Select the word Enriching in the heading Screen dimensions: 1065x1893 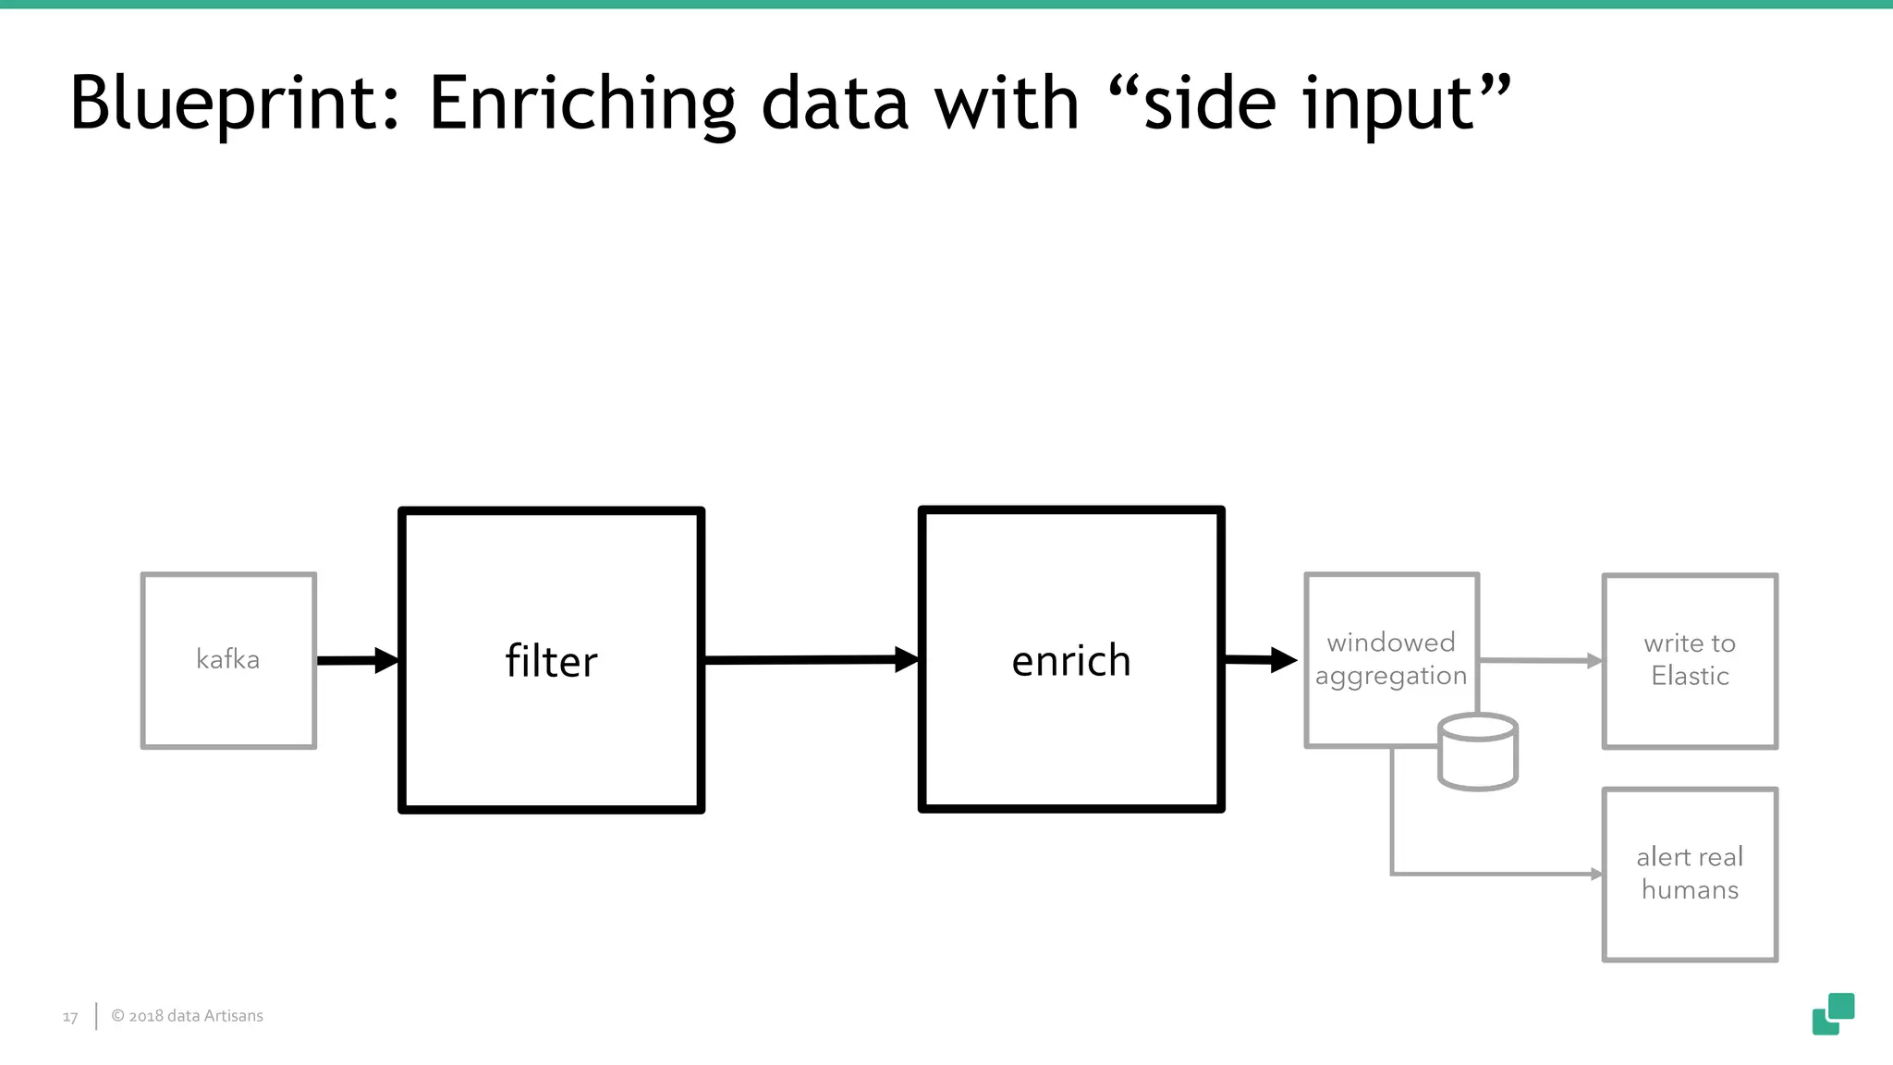click(582, 104)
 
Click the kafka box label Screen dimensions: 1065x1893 click(227, 659)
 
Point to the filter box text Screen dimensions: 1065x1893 click(552, 661)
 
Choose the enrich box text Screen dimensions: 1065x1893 click(1071, 661)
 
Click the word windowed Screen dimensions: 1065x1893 click(1390, 643)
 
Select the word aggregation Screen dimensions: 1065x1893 click(1390, 677)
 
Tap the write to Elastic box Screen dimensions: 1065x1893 click(1690, 660)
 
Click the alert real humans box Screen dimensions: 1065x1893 click(1690, 874)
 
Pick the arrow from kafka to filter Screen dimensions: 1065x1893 click(357, 660)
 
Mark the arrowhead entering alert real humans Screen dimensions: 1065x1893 click(1596, 874)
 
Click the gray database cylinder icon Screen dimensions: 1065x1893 click(1477, 753)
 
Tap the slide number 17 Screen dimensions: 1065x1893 click(70, 1017)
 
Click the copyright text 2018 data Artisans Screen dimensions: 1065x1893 click(188, 1016)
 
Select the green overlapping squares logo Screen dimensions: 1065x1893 click(1833, 1014)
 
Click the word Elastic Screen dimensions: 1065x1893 click(1690, 677)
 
